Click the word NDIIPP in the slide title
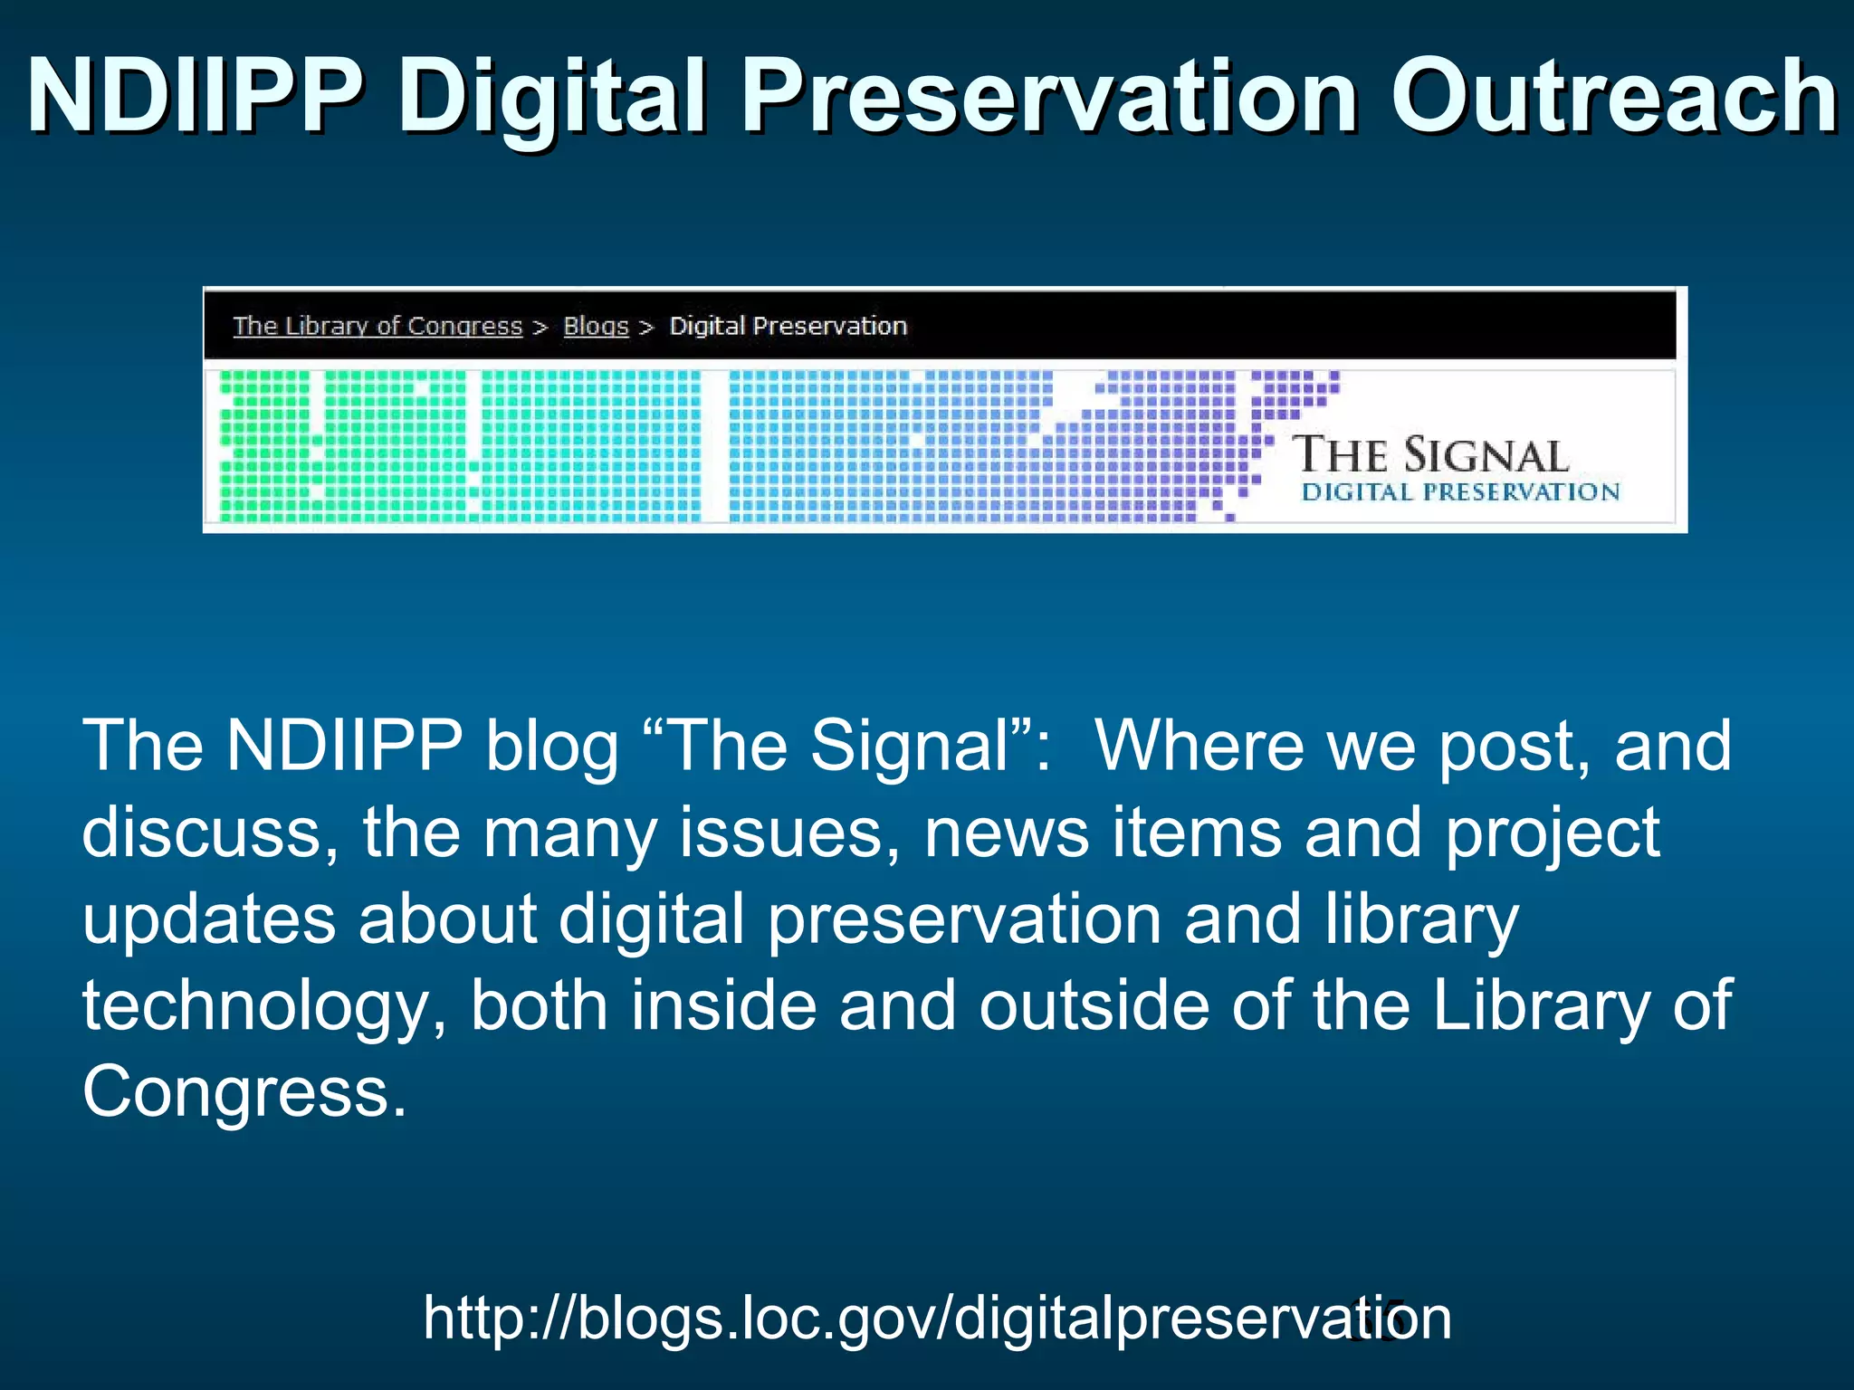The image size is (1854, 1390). pyautogui.click(x=195, y=96)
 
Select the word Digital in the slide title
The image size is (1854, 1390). pyautogui.click(x=551, y=96)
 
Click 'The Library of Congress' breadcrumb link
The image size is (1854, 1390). pyautogui.click(x=377, y=326)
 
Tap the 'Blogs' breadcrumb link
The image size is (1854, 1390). pyautogui.click(x=596, y=326)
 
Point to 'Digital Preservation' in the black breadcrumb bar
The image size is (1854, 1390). pyautogui.click(x=788, y=326)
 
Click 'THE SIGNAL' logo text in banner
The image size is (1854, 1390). pyautogui.click(x=1430, y=455)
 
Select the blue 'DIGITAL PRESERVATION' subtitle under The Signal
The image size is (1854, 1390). pyautogui.click(x=1460, y=492)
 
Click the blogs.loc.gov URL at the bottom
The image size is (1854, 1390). pyautogui.click(x=937, y=1318)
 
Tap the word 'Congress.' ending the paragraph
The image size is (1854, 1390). pyautogui.click(x=244, y=1091)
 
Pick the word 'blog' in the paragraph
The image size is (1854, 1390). pyautogui.click(x=551, y=746)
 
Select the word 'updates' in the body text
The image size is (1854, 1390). pyautogui.click(x=209, y=919)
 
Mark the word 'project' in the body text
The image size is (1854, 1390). pyautogui.click(x=1552, y=833)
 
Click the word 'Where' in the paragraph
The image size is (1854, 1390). pyautogui.click(x=1199, y=746)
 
